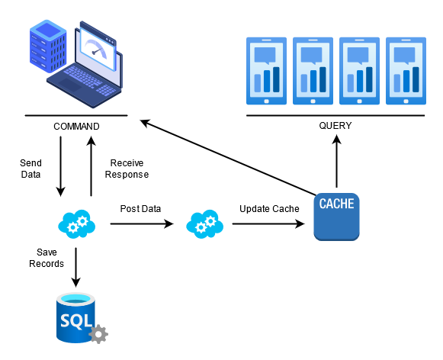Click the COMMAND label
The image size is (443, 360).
tap(76, 125)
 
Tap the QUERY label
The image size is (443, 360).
tap(335, 125)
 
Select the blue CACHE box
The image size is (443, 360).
tap(336, 217)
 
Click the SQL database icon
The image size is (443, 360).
tap(76, 316)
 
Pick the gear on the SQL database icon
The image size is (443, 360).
tap(98, 334)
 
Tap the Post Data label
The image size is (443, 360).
tap(140, 208)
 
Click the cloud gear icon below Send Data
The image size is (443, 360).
tap(76, 224)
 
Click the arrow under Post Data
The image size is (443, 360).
tap(142, 224)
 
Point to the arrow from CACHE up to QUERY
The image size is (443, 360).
tap(336, 165)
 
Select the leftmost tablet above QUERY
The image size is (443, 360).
tap(266, 70)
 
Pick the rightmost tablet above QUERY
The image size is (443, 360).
tap(406, 70)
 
